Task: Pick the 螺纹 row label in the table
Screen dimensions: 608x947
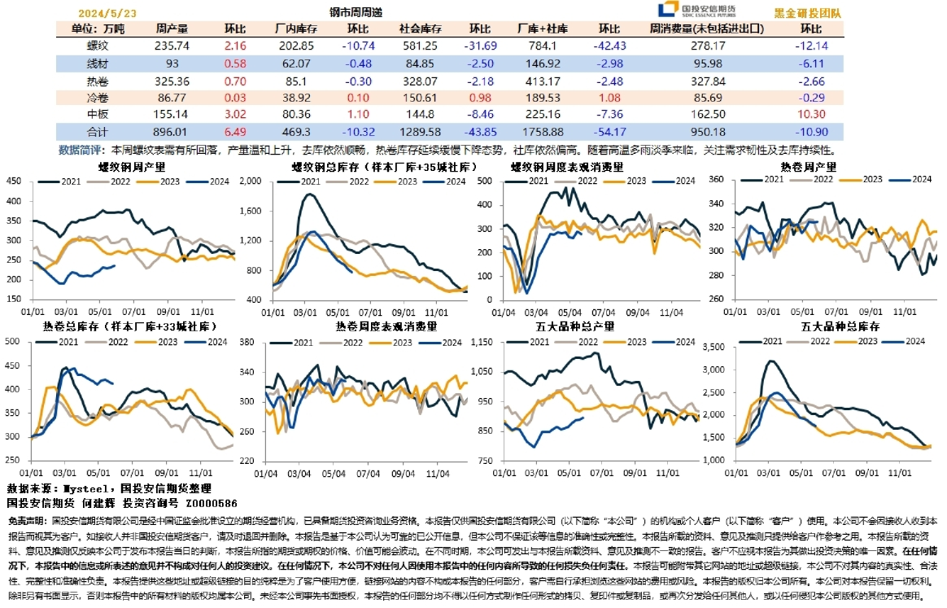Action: click(x=97, y=46)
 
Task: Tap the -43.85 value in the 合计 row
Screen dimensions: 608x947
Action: click(x=480, y=131)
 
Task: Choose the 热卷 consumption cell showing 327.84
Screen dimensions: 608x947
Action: click(x=707, y=81)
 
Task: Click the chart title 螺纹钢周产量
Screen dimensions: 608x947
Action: click(x=133, y=167)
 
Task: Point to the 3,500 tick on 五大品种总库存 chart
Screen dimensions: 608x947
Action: click(x=718, y=347)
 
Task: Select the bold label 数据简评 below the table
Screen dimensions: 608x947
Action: click(x=83, y=150)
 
